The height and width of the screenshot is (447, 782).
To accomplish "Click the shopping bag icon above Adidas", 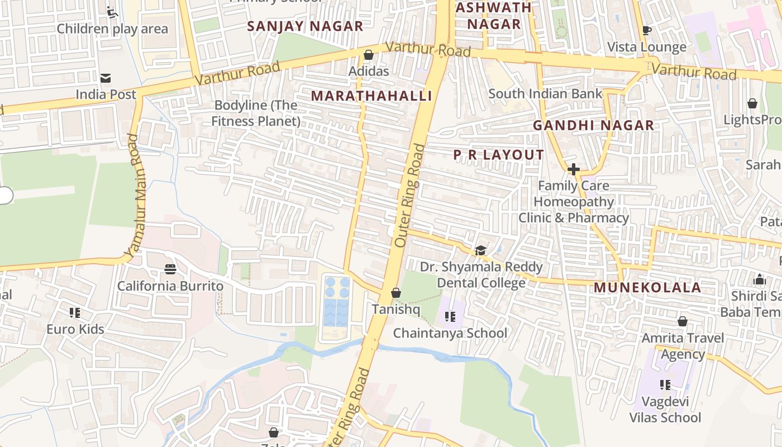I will click(368, 55).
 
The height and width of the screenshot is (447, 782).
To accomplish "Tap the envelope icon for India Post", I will click(105, 78).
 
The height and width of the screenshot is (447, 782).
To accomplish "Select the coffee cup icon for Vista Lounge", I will click(647, 30).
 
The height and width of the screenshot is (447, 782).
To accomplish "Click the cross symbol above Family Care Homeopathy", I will click(573, 169).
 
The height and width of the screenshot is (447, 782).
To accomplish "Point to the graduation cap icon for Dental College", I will click(480, 250).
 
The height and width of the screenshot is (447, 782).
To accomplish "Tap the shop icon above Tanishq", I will click(395, 293).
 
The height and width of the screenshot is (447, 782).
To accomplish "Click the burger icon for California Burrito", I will click(170, 269).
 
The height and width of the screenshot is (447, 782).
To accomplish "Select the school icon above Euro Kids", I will click(75, 312).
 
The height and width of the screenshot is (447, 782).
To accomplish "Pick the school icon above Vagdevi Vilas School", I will click(665, 384).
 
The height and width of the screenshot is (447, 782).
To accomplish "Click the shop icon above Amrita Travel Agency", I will click(682, 321).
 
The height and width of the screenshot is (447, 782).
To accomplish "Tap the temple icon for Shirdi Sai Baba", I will click(759, 279).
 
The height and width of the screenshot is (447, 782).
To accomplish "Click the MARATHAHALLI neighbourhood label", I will click(371, 96).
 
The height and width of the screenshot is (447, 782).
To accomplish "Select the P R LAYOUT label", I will click(498, 155).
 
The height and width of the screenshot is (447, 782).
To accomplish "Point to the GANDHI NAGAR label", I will click(593, 126).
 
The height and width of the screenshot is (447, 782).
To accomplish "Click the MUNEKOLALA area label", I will click(647, 288).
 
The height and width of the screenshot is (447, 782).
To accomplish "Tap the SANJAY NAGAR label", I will click(305, 26).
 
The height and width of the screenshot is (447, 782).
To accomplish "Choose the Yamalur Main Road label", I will click(134, 196).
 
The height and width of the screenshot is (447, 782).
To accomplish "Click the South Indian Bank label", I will click(545, 94).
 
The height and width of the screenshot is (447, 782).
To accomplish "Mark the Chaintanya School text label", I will click(450, 334).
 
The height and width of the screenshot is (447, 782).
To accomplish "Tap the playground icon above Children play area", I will click(112, 12).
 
